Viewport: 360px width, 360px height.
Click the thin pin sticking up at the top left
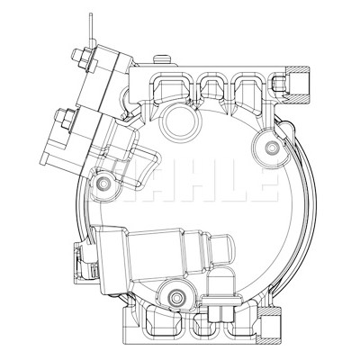(x=92, y=30)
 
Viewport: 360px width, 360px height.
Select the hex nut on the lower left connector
(x=65, y=118)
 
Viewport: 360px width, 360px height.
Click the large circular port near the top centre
(x=180, y=121)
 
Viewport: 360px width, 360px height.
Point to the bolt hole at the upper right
(x=272, y=148)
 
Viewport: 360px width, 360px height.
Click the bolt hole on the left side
(x=103, y=183)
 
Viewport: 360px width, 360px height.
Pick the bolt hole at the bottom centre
(x=175, y=296)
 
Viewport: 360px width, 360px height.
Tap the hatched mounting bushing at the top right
(x=297, y=84)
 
